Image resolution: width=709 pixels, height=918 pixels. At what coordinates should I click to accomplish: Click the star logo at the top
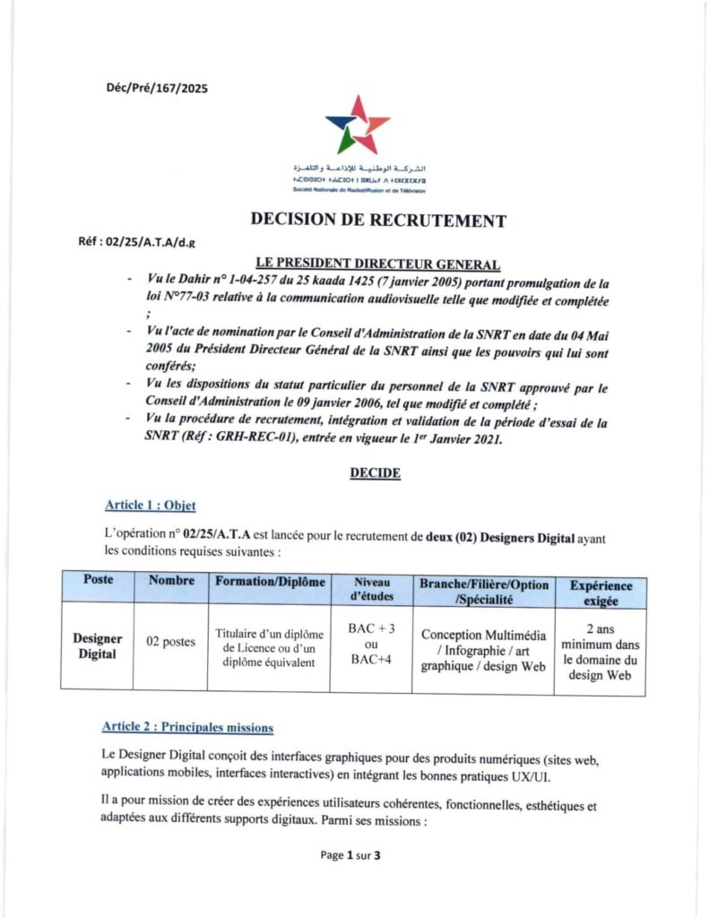pos(357,125)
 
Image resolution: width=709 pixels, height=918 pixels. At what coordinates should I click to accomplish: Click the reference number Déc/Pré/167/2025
pos(157,87)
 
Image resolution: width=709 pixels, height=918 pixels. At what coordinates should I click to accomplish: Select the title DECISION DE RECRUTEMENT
pos(378,221)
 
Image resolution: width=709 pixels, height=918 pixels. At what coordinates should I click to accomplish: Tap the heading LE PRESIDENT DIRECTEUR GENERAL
pos(377,263)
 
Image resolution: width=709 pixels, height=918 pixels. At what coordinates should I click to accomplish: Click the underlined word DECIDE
pos(375,473)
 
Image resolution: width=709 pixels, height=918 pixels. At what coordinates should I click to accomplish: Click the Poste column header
pos(98,580)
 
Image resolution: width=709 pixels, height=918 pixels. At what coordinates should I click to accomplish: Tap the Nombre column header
pos(171,580)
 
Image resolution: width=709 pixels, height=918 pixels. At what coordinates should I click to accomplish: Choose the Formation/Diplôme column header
pos(270,581)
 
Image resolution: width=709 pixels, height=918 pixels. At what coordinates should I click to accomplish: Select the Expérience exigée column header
pos(601,593)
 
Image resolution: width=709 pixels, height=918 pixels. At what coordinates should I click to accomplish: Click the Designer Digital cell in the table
pos(98,645)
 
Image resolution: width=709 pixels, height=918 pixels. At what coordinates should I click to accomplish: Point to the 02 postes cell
pos(170,642)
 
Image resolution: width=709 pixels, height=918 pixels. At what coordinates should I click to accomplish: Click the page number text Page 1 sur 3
pos(351,855)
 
